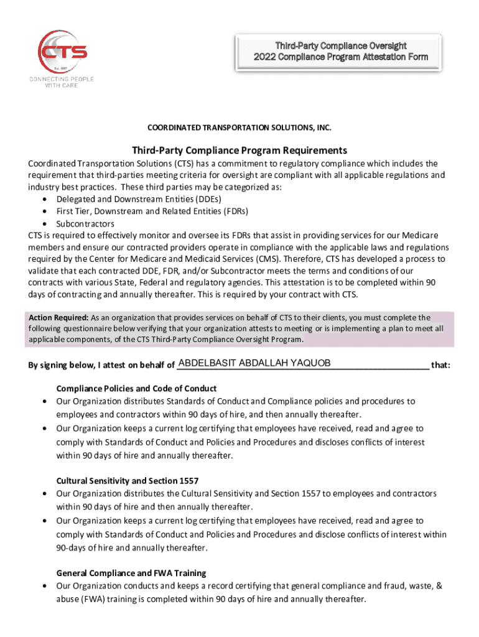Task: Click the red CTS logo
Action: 62,50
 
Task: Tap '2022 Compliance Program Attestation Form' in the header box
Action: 341,57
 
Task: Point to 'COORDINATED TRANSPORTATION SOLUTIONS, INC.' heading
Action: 240,128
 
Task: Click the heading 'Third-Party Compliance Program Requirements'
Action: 240,151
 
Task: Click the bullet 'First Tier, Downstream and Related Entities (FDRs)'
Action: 152,211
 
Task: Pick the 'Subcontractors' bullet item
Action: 85,223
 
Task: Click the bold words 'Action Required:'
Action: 53,317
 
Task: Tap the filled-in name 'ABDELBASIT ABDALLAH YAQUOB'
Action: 254,363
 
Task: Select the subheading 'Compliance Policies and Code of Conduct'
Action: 136,388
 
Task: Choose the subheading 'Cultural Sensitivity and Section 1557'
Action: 128,480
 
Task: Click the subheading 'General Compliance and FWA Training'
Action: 131,572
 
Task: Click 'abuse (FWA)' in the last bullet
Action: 81,599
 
